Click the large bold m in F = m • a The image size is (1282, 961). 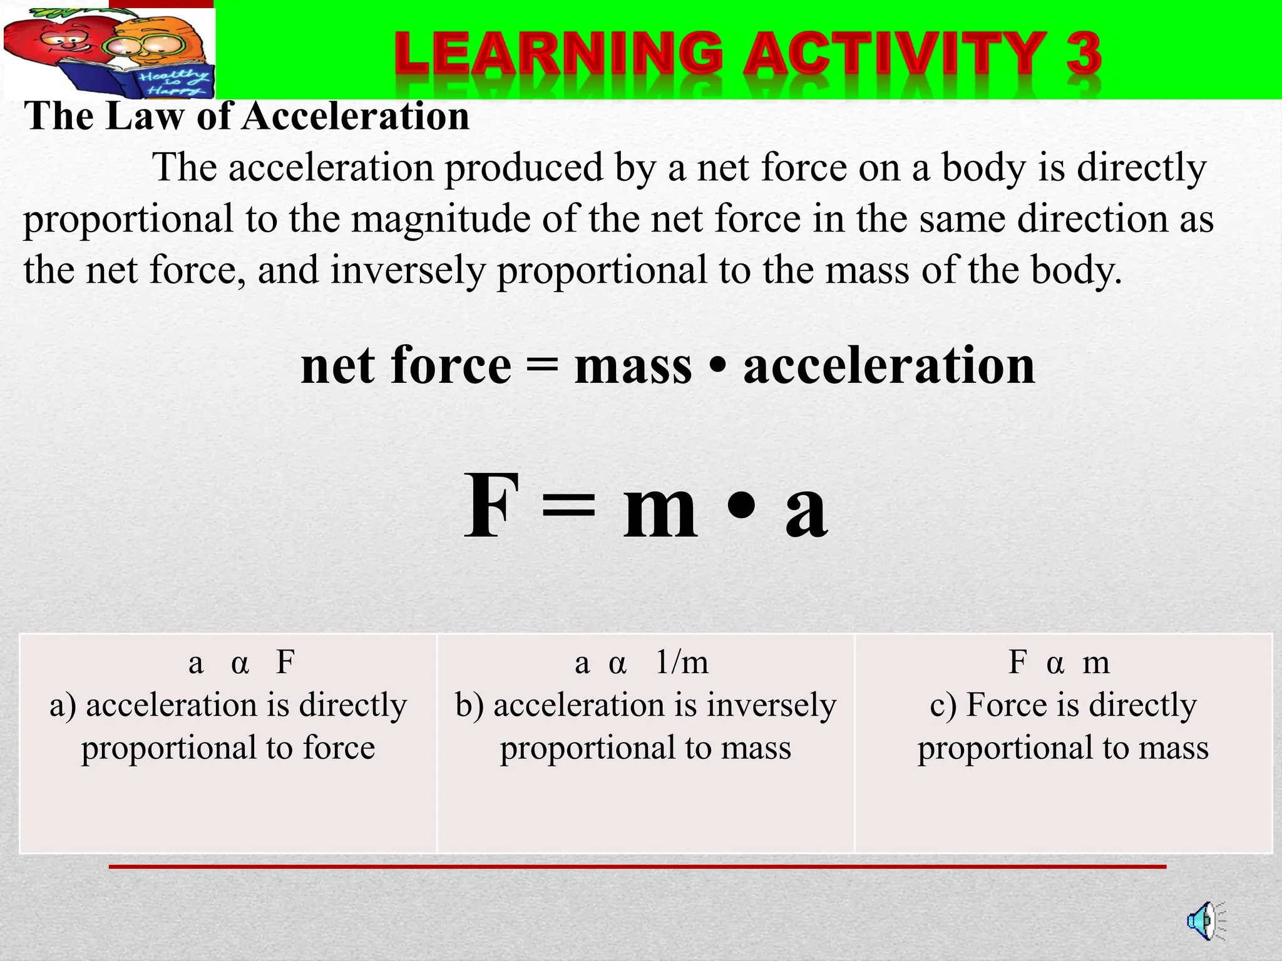[x=660, y=513]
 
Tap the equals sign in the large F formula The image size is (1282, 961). [x=568, y=510]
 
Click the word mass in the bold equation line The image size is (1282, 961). [x=633, y=365]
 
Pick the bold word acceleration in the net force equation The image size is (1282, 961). [x=889, y=365]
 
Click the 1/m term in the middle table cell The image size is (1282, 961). [x=682, y=662]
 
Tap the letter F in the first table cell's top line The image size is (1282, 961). [x=285, y=662]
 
